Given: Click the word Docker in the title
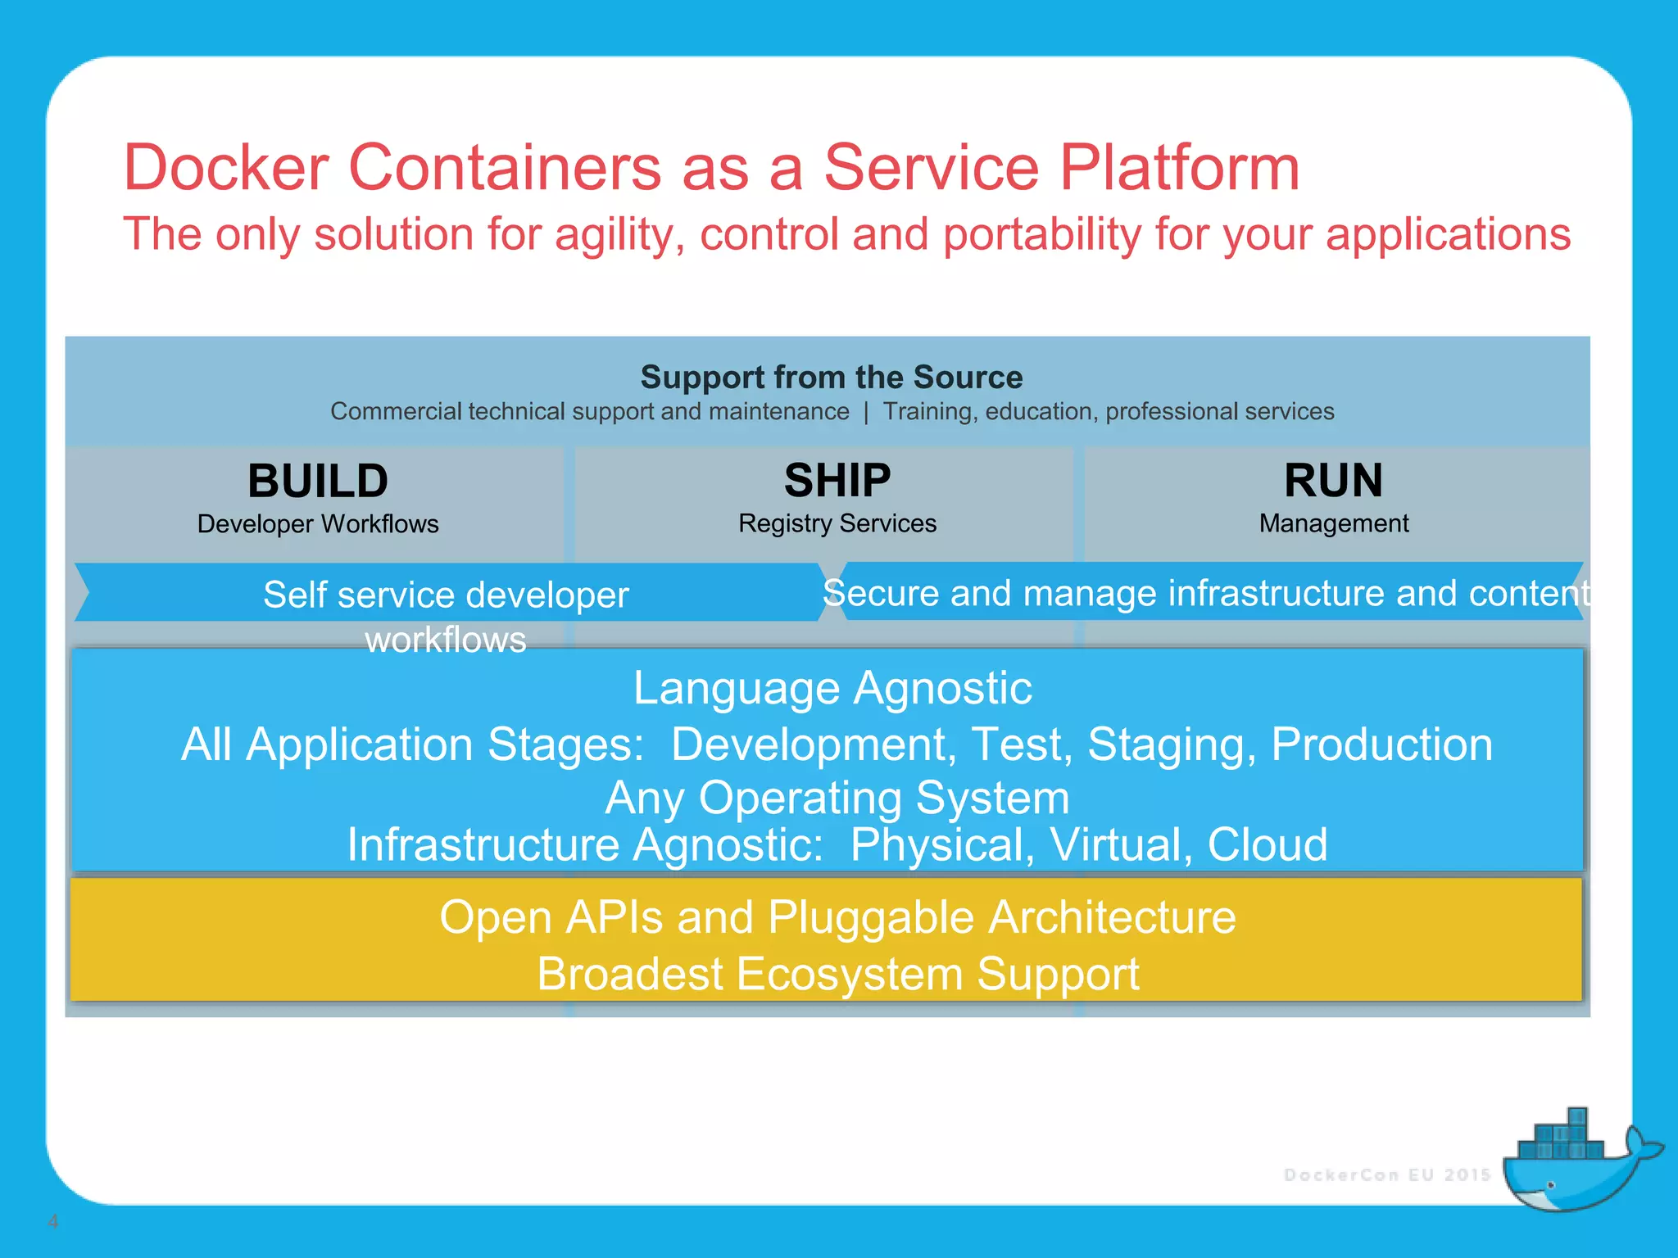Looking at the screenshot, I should point(226,168).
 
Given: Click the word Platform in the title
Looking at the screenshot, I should point(1179,168).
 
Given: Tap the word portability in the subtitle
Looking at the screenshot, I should point(1041,235).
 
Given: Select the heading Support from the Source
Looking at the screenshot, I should point(831,378).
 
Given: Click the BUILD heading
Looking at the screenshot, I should point(318,481).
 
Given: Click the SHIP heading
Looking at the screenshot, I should point(837,481).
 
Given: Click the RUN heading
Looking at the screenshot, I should point(1333,481).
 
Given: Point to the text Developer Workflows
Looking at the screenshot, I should point(318,524).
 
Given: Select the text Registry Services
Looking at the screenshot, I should point(837,523).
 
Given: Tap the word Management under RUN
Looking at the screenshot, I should point(1333,523).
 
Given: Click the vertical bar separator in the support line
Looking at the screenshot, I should point(866,412).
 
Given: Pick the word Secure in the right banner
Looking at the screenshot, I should point(881,593).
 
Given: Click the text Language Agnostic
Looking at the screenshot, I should point(832,688).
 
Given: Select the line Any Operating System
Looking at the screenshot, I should point(837,798).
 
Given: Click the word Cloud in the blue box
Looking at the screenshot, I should point(1267,845).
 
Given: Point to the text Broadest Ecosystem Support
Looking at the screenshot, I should point(837,975).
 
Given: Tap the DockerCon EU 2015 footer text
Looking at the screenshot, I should point(1386,1175).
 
